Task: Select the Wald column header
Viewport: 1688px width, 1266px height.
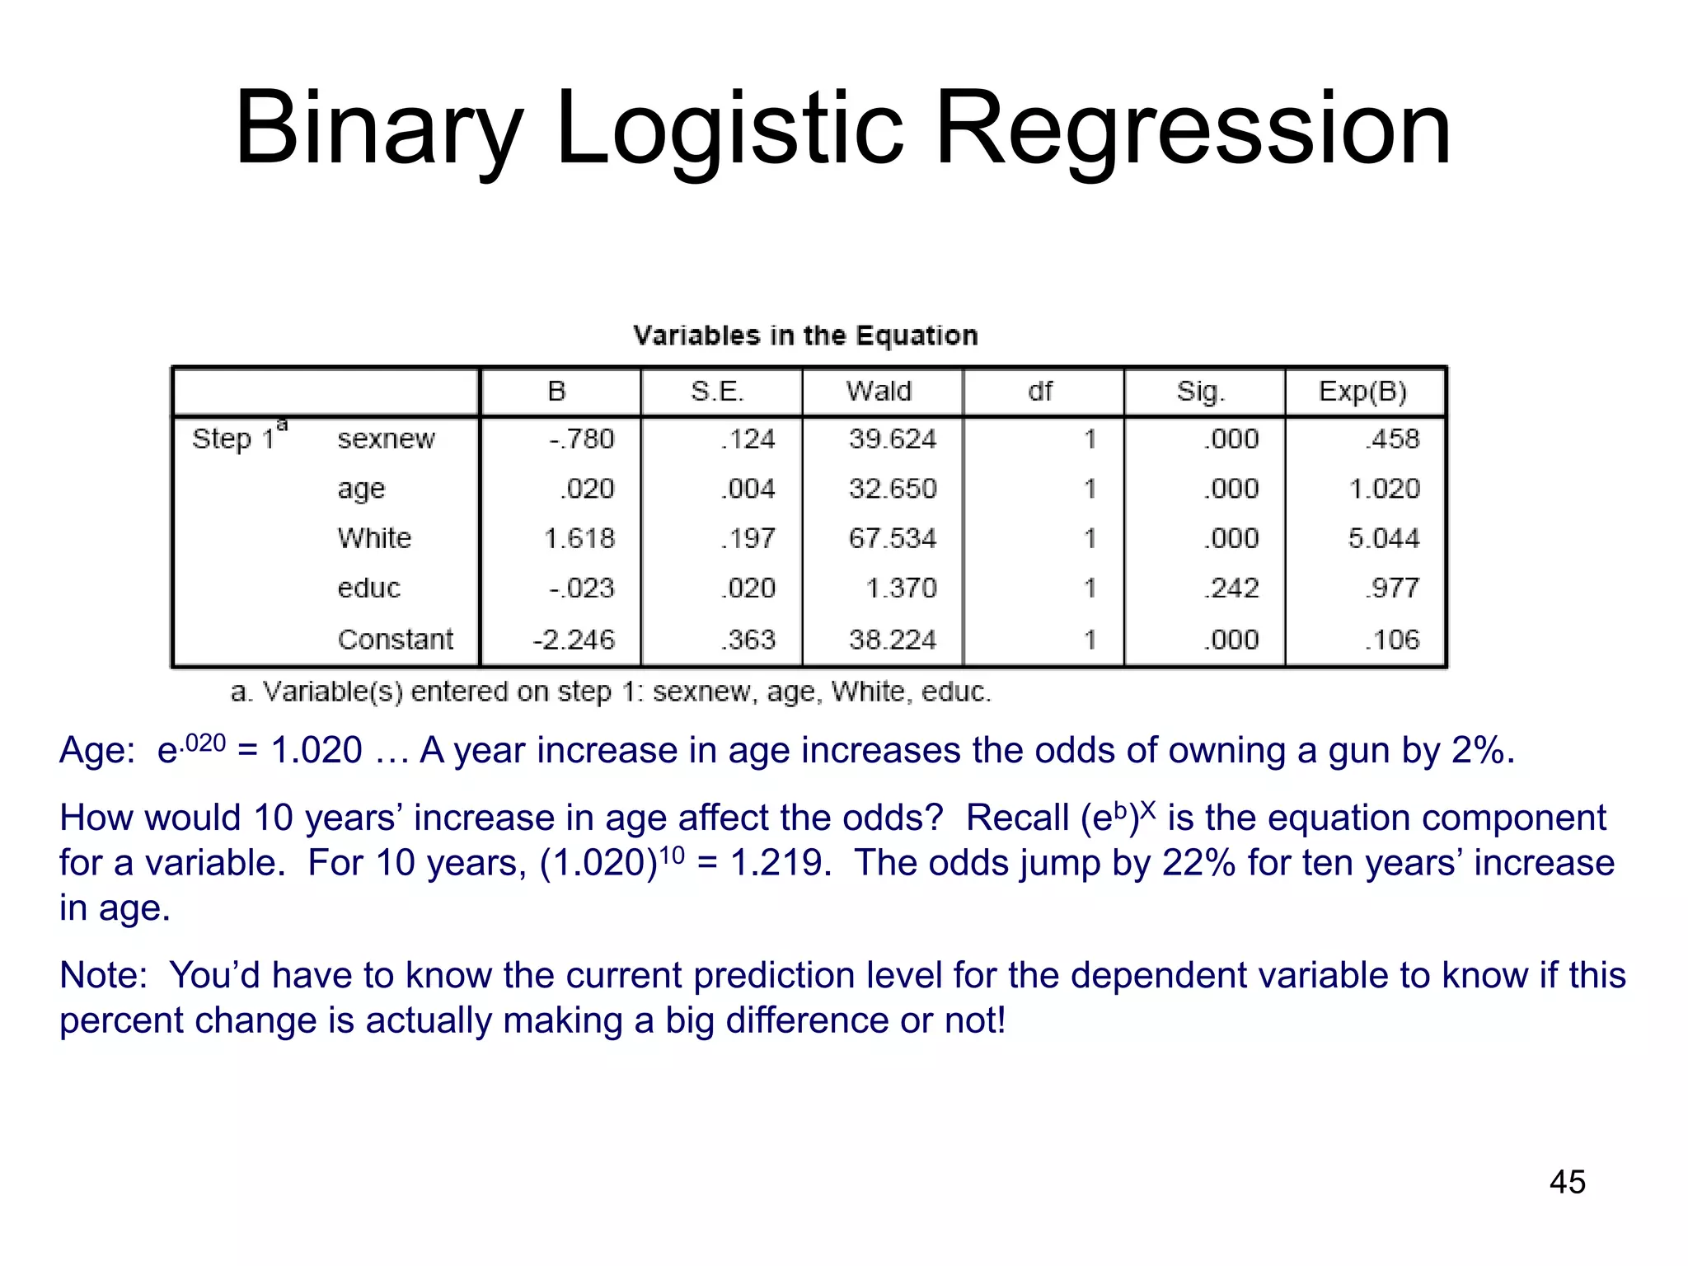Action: (x=879, y=391)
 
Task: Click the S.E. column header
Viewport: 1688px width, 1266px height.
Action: (x=717, y=391)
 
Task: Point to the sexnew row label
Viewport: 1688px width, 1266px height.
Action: (x=386, y=438)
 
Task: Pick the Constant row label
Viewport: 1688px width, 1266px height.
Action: (x=396, y=640)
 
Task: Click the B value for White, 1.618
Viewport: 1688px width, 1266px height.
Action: (x=579, y=539)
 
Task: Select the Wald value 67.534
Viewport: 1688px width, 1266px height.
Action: (x=893, y=539)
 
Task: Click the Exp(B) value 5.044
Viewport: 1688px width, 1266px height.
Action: (x=1384, y=539)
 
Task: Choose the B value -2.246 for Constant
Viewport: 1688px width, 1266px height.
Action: (x=574, y=640)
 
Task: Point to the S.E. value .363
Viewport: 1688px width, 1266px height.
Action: (x=748, y=640)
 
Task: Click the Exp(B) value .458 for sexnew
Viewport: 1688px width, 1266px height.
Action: (x=1392, y=438)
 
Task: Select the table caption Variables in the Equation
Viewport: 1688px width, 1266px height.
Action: (x=805, y=335)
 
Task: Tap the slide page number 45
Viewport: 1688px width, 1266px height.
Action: (x=1567, y=1182)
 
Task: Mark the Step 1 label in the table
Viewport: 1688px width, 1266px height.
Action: (x=234, y=438)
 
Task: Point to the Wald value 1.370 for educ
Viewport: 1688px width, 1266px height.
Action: (x=901, y=588)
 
